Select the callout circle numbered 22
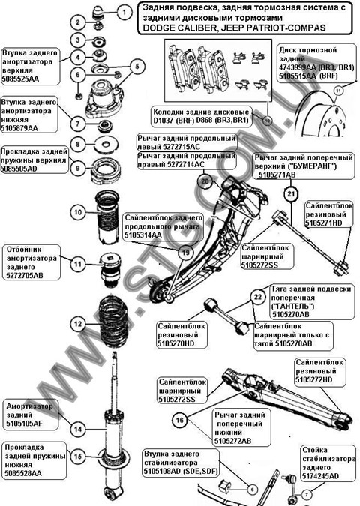pyautogui.click(x=257, y=298)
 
